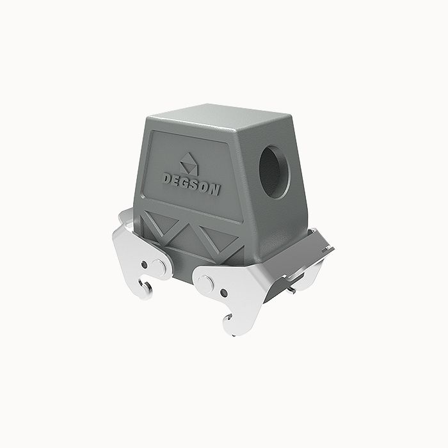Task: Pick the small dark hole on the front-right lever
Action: point(224,293)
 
